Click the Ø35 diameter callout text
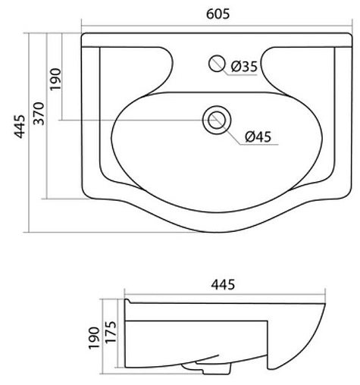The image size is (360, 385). click(x=244, y=67)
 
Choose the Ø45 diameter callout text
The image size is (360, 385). click(x=258, y=137)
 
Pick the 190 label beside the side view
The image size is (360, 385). click(x=93, y=336)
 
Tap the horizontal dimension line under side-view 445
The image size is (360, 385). click(x=227, y=296)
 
